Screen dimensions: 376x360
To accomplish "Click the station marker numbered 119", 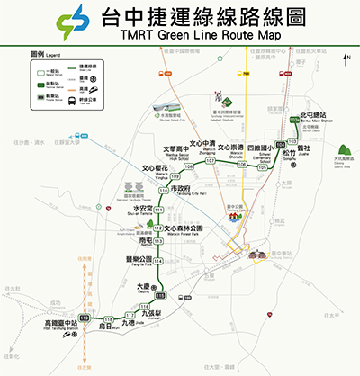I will pyautogui.click(x=85, y=318).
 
